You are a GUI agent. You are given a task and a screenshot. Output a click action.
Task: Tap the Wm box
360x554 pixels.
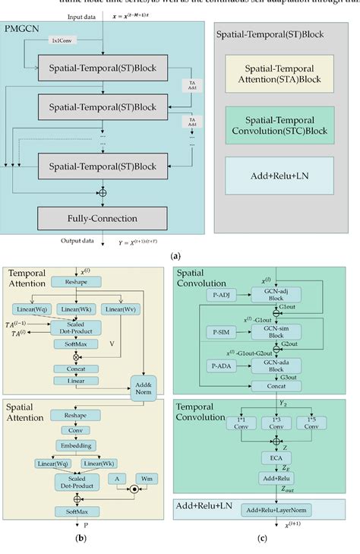tap(147, 479)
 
